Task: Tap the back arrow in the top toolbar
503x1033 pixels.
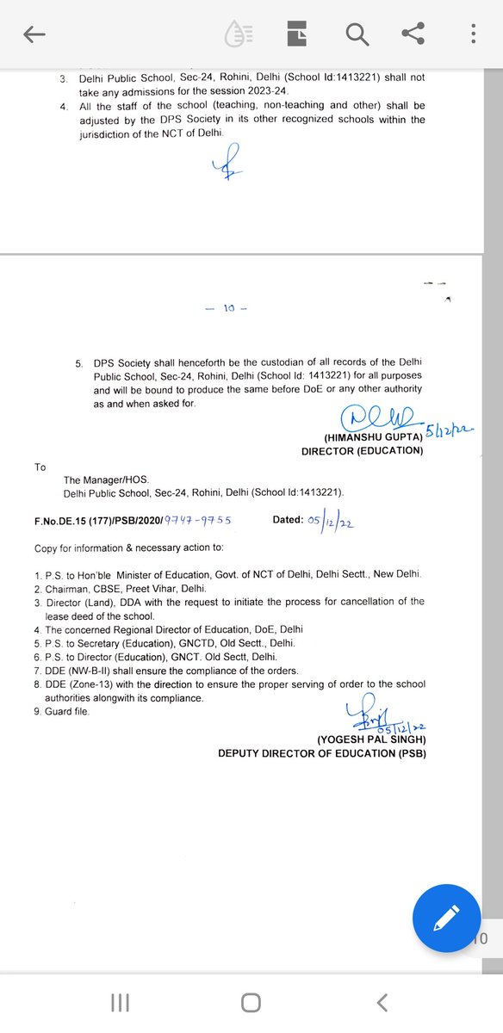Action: pos(34,34)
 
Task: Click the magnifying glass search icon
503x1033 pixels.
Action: pos(356,34)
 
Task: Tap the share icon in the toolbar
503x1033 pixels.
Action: pos(413,34)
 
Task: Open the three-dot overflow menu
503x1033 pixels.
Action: pos(473,34)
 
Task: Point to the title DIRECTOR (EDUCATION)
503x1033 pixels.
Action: pos(362,451)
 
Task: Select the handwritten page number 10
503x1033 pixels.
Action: pos(229,309)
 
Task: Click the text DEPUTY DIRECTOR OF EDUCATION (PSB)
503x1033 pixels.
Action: pos(321,754)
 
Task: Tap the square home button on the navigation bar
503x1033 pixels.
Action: pos(251,1002)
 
